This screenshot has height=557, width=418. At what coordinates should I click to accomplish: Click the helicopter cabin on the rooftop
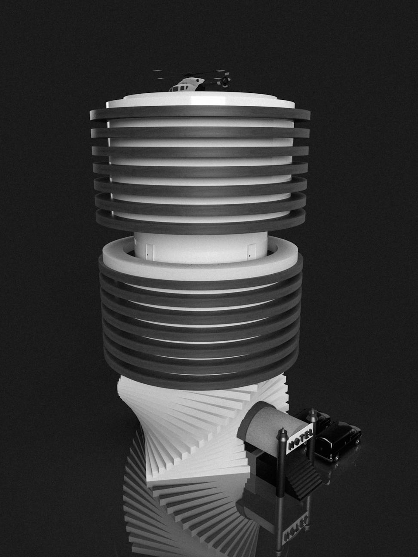[x=187, y=85]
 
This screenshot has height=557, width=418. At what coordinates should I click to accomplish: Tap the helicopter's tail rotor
[x=224, y=81]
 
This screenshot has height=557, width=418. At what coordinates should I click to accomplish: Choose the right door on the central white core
[x=252, y=252]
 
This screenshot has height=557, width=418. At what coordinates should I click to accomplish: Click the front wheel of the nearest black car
[x=337, y=457]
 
